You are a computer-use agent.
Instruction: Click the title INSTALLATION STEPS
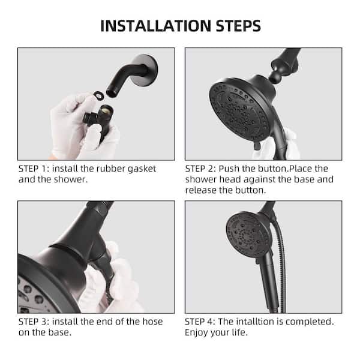tap(180, 26)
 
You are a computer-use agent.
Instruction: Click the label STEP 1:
tap(35, 169)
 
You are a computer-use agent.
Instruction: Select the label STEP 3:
tap(35, 322)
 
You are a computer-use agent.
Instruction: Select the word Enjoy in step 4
tap(197, 332)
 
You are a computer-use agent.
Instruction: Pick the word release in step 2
tap(200, 190)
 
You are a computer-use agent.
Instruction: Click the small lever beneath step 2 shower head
tap(257, 146)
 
